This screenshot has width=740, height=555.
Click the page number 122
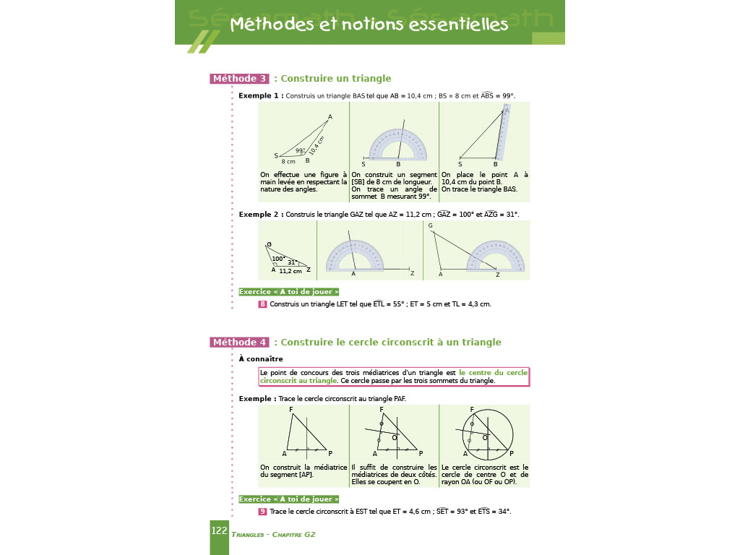(219, 531)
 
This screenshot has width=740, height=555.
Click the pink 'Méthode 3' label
(239, 79)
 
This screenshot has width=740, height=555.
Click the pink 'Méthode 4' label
(239, 343)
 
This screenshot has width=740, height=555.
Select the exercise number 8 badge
(262, 304)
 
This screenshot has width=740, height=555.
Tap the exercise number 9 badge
(262, 512)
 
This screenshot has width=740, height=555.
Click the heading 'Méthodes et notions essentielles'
(369, 25)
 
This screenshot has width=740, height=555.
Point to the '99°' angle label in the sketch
(301, 151)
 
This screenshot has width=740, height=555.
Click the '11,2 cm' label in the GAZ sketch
(291, 271)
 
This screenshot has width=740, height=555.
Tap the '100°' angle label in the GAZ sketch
(278, 259)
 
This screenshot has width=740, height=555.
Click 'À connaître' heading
(261, 358)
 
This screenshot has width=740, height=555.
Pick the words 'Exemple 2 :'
(261, 215)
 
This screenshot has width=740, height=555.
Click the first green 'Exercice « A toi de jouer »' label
(289, 292)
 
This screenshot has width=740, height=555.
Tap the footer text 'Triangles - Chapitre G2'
(273, 535)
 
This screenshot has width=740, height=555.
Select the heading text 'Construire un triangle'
(336, 79)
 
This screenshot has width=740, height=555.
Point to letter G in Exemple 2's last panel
(430, 226)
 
